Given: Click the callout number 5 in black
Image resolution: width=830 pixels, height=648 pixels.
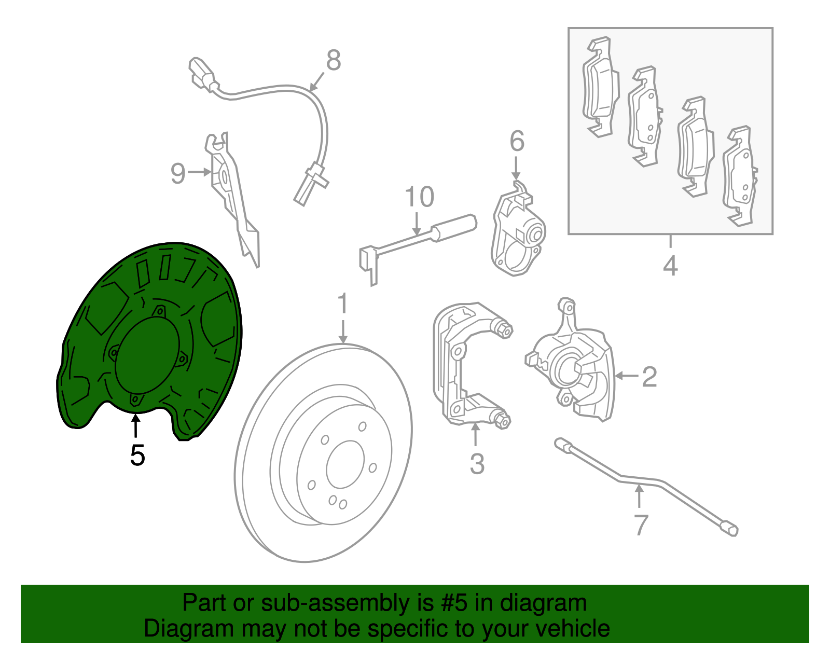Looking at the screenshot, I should click(137, 455).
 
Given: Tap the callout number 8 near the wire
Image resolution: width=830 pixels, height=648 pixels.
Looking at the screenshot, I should click(334, 60).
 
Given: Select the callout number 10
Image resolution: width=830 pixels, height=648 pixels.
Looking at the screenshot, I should click(419, 197).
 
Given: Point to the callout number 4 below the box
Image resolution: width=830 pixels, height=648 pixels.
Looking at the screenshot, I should click(670, 266).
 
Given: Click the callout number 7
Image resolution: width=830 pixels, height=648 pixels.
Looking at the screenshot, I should click(641, 525).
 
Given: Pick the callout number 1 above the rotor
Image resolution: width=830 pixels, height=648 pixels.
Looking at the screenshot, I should click(342, 304).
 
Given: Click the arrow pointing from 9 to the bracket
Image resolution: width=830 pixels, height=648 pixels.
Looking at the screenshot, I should click(200, 172).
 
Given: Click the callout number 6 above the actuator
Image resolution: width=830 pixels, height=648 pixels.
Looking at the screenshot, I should click(517, 141).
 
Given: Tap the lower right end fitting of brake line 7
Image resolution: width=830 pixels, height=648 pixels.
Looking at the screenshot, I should click(731, 530).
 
